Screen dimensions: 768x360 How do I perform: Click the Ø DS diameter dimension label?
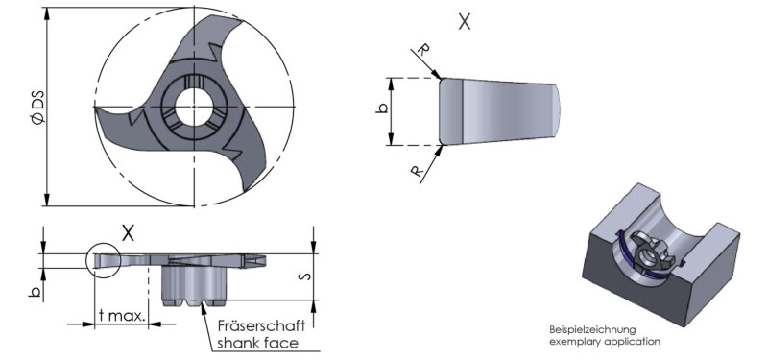tap(38, 107)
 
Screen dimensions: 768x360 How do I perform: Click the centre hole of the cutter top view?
tap(194, 107)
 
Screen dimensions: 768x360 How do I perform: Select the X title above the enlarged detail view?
tap(464, 21)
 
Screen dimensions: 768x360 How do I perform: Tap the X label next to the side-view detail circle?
tap(128, 233)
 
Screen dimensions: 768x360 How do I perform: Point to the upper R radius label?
tap(423, 49)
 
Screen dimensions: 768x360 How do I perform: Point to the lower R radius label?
tap(417, 171)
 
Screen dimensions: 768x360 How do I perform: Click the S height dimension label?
tap(304, 276)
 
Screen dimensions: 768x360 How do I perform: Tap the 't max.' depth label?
tap(122, 316)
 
